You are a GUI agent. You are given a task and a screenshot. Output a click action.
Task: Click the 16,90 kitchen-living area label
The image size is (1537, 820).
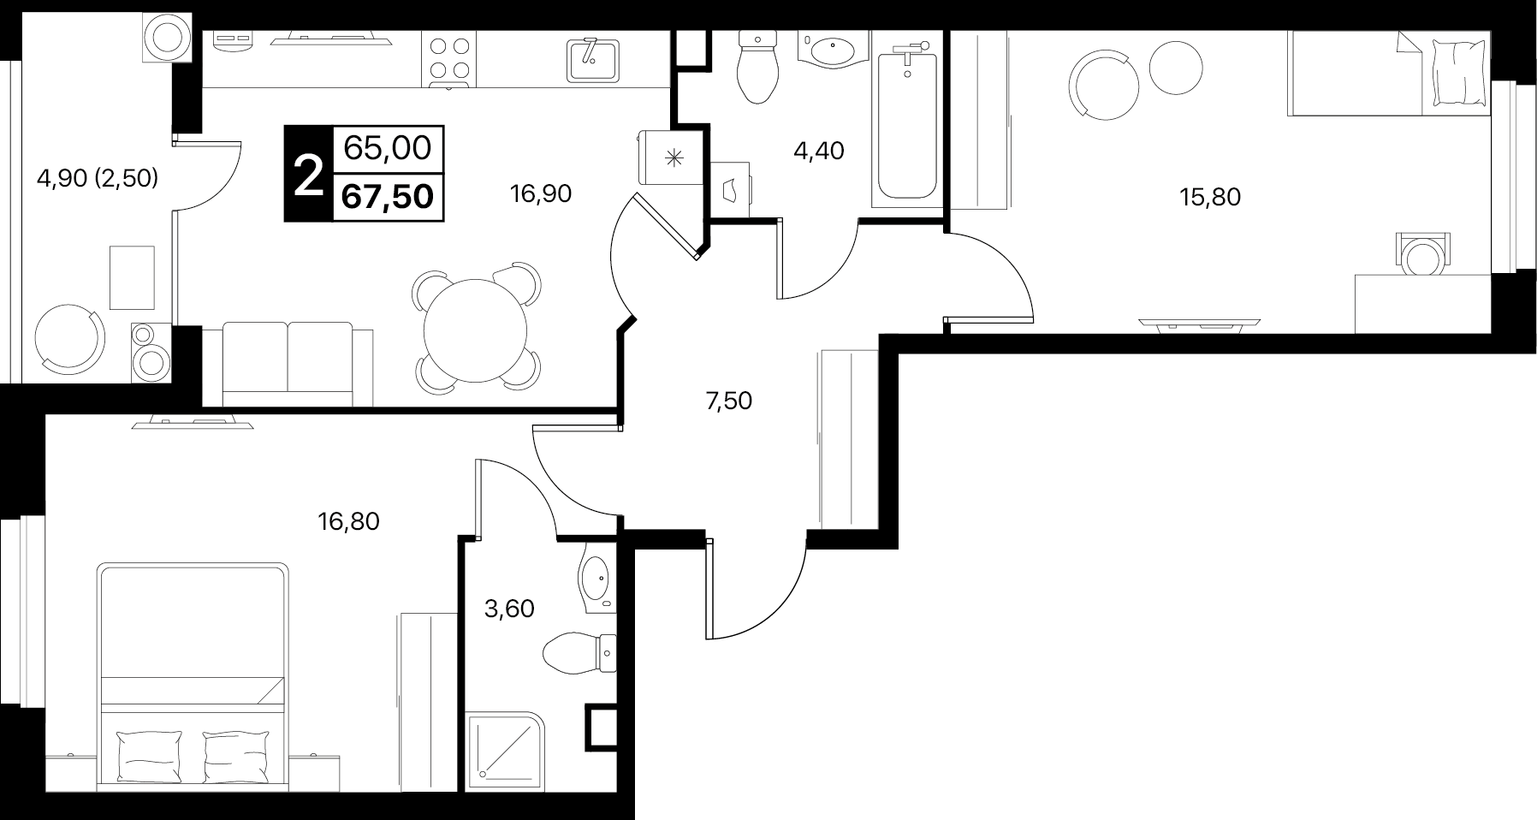coord(540,194)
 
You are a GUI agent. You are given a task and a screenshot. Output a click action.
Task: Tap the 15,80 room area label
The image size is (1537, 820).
coord(1210,198)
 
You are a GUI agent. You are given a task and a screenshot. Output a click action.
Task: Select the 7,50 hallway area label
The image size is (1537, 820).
coord(728,401)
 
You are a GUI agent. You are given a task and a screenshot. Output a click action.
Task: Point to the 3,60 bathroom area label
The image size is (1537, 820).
coord(509,609)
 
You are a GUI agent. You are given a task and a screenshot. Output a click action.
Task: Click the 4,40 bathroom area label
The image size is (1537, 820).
coord(819,151)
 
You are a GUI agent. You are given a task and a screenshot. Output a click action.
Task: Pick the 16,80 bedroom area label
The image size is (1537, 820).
coord(348,520)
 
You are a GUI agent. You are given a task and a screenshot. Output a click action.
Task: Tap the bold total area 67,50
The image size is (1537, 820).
coord(388,197)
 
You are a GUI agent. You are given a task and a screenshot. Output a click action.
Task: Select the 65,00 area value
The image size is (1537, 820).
coord(388,148)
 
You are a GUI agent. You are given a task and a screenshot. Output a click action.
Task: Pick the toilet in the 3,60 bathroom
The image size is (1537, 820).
coord(580,655)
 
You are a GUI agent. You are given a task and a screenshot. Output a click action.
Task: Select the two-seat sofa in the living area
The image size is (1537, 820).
coord(288,364)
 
